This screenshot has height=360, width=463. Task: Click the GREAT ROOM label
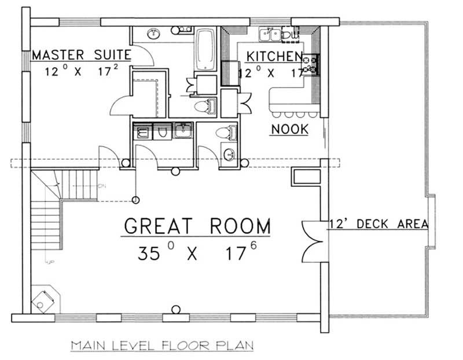point(197,226)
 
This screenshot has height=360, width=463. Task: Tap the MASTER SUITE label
point(81,56)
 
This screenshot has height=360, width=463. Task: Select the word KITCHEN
point(274,56)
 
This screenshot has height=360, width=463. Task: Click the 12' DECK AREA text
point(379,224)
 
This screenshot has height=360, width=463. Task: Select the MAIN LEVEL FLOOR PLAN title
point(162,346)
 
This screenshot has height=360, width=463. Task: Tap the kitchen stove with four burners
point(311,64)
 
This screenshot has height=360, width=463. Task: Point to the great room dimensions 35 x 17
point(197,252)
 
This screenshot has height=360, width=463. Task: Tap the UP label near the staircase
point(50,263)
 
